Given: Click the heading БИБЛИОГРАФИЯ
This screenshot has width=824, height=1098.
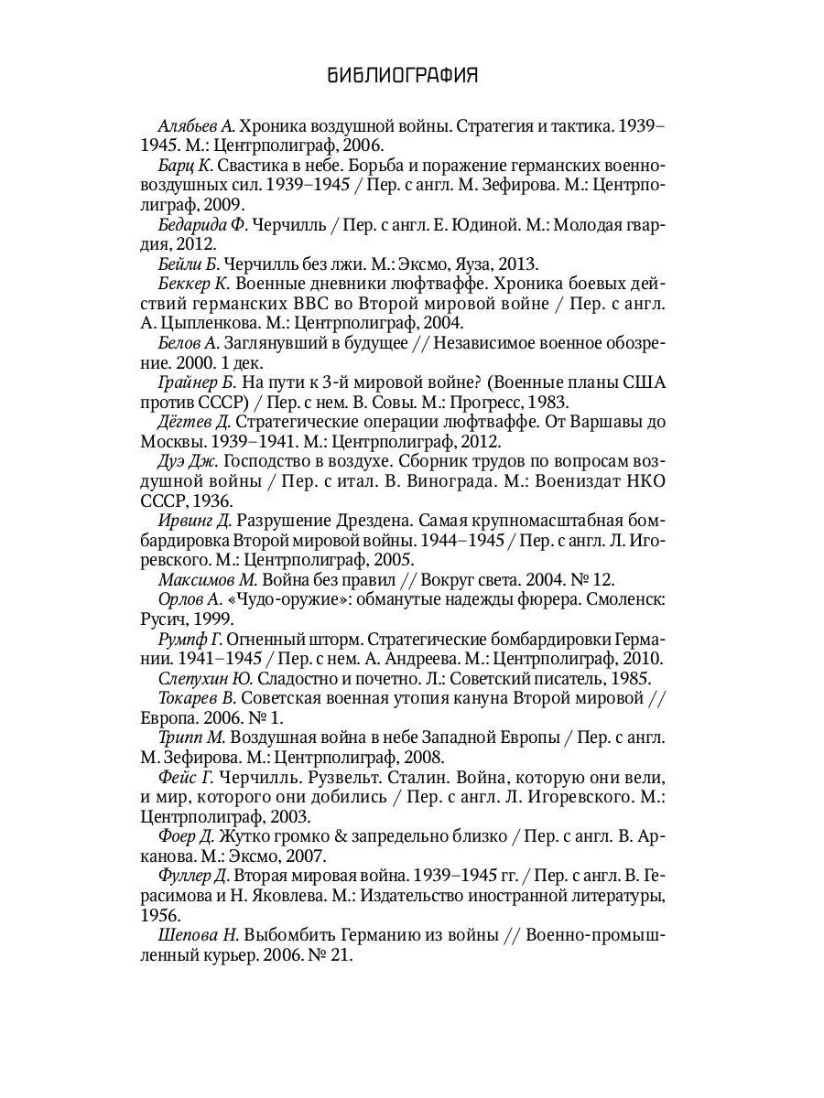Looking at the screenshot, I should pos(403,76).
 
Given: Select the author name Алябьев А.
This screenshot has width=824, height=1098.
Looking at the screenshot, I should pos(198,125).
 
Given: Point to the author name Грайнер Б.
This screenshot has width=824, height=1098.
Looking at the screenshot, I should pos(197,382).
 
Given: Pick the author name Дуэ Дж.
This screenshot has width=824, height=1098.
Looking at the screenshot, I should pos(188,461).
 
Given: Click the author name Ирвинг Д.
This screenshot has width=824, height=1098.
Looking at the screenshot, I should pos(195,520).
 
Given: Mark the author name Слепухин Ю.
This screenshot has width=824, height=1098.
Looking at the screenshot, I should pos(206,678).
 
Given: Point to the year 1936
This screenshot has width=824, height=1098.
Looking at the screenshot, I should pos(211,501).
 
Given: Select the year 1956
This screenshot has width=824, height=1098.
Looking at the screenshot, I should pos(160,914).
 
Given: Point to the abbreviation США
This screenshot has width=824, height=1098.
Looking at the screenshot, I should pos(645,382).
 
